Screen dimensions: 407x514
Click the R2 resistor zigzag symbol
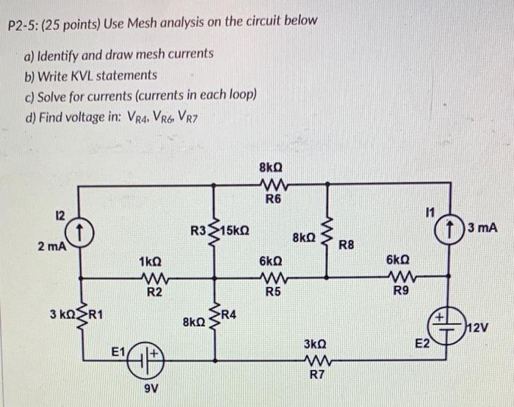click(151, 278)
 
